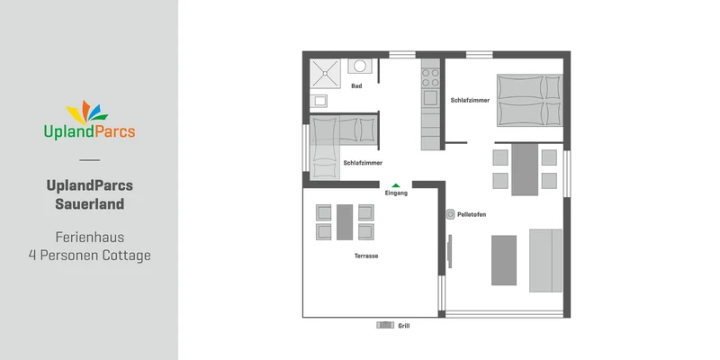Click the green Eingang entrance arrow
(x=396, y=185)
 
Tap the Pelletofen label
(x=472, y=214)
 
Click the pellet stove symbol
(x=451, y=214)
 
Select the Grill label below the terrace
(x=404, y=326)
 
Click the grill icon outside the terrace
(x=385, y=325)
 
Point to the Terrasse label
(x=366, y=256)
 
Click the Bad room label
(x=356, y=85)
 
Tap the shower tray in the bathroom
(x=325, y=74)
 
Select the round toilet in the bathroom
(x=359, y=66)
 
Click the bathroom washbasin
(x=319, y=101)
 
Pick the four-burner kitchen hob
(x=431, y=77)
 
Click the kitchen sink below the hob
(x=431, y=97)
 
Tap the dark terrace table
(x=345, y=222)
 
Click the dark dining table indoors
(x=525, y=169)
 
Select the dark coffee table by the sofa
(x=504, y=260)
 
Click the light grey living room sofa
(x=546, y=260)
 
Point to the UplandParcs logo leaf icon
(x=87, y=112)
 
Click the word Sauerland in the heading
(x=89, y=204)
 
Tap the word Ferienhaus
(x=89, y=238)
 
